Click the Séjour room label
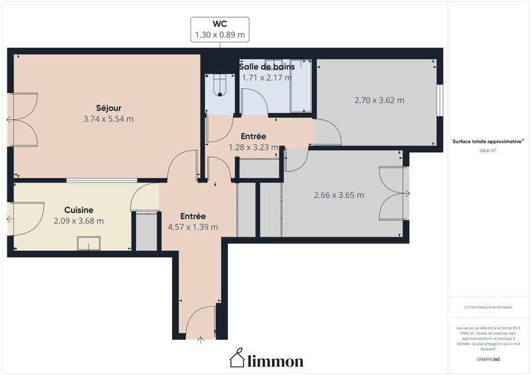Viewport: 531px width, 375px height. tap(108, 108)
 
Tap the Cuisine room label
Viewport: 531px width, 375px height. tap(78, 209)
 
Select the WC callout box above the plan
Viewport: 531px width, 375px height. tap(220, 30)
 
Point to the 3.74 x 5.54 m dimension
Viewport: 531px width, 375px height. tap(108, 119)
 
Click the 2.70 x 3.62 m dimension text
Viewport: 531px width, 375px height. tap(379, 101)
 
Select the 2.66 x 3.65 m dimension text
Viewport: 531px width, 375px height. tap(339, 195)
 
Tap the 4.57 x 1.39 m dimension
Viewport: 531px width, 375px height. tap(192, 228)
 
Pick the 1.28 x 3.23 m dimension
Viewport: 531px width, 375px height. tap(253, 147)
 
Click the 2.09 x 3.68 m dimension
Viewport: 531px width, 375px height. tap(78, 221)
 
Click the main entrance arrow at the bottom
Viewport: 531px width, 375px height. tap(201, 340)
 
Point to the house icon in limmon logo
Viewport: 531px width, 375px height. tap(237, 358)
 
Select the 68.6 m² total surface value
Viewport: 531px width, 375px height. tap(488, 151)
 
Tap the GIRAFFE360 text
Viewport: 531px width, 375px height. tap(488, 358)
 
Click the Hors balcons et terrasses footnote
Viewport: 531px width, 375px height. tap(488, 307)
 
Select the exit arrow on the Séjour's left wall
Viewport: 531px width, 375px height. tap(9, 120)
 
